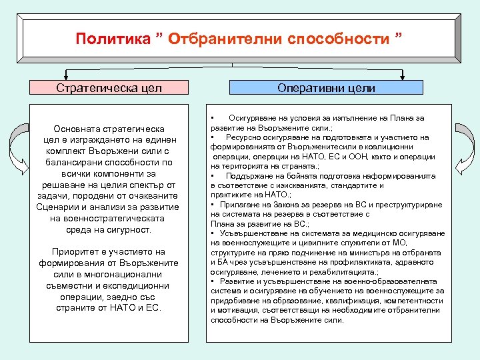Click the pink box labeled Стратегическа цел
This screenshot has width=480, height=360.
pos(109,88)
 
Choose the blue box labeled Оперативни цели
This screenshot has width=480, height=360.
pos(326,88)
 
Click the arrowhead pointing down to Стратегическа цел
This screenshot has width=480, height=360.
pos(65,76)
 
